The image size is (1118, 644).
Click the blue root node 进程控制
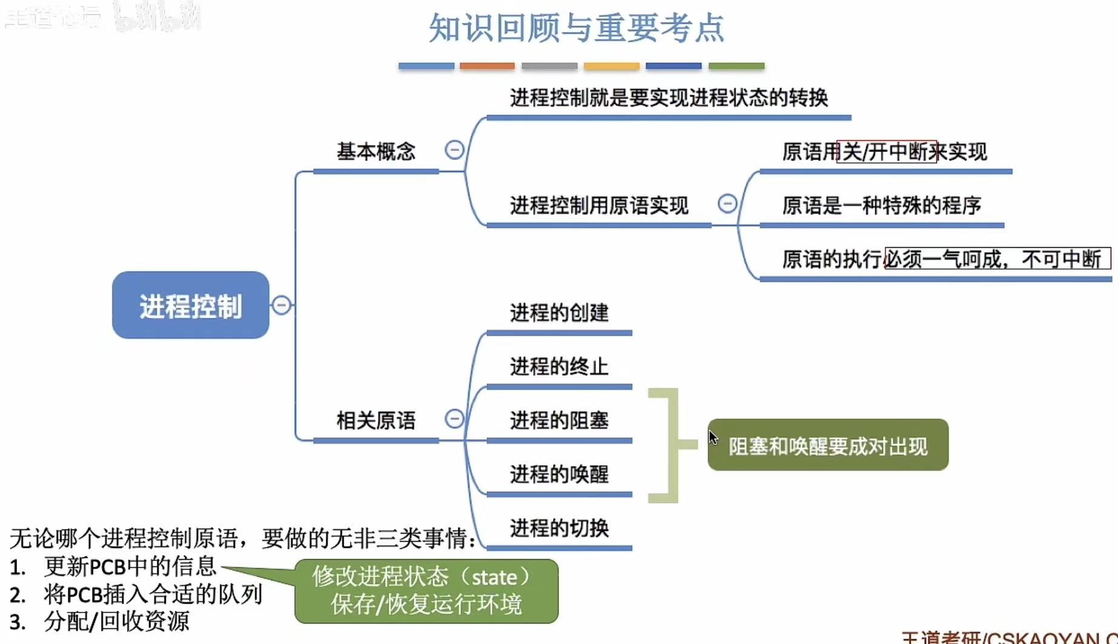pyautogui.click(x=190, y=305)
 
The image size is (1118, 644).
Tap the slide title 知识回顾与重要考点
pyautogui.click(x=576, y=28)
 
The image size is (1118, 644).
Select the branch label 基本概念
pyautogui.click(x=375, y=151)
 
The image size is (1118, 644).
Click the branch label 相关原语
pyautogui.click(x=375, y=420)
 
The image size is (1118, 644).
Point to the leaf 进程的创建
pyautogui.click(x=558, y=313)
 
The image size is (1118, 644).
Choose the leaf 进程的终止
pyautogui.click(x=558, y=367)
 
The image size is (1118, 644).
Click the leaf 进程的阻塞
pyautogui.click(x=558, y=420)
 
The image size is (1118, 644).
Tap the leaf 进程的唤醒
pyautogui.click(x=558, y=474)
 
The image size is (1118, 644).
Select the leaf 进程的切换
pyautogui.click(x=558, y=528)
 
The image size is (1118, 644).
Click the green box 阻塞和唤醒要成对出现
pyautogui.click(x=827, y=446)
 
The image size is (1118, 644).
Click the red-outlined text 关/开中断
pyautogui.click(x=886, y=151)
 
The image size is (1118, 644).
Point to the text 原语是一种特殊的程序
pyautogui.click(x=881, y=206)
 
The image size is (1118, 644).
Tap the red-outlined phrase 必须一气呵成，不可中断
pyautogui.click(x=997, y=259)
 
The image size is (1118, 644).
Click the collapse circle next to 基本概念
pyautogui.click(x=454, y=150)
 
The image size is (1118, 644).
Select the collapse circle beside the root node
pyautogui.click(x=281, y=305)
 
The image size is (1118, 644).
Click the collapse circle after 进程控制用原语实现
pyautogui.click(x=727, y=204)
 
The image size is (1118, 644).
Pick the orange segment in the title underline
pyautogui.click(x=487, y=66)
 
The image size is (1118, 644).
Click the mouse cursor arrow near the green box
pyautogui.click(x=712, y=437)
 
